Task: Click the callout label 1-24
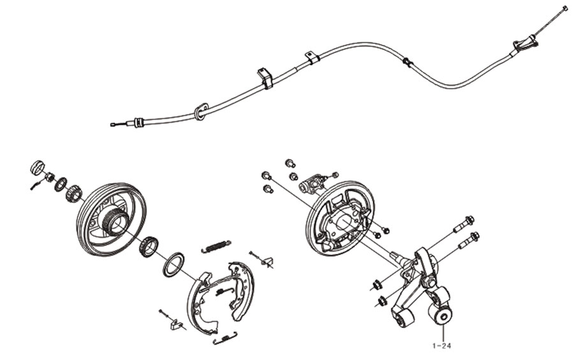pyautogui.click(x=441, y=345)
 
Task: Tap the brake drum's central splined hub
pyautogui.click(x=116, y=221)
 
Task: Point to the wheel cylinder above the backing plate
pyautogui.click(x=313, y=183)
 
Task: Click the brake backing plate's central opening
pyautogui.click(x=346, y=223)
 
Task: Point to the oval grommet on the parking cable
pyautogui.click(x=201, y=111)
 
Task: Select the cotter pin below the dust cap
pyautogui.click(x=36, y=184)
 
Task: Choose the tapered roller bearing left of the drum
pyautogui.click(x=73, y=192)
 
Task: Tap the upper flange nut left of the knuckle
pyautogui.click(x=376, y=285)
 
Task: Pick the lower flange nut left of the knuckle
pyautogui.click(x=381, y=301)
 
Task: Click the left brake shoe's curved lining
pyautogui.click(x=193, y=300)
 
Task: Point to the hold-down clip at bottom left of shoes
pyautogui.click(x=177, y=324)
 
